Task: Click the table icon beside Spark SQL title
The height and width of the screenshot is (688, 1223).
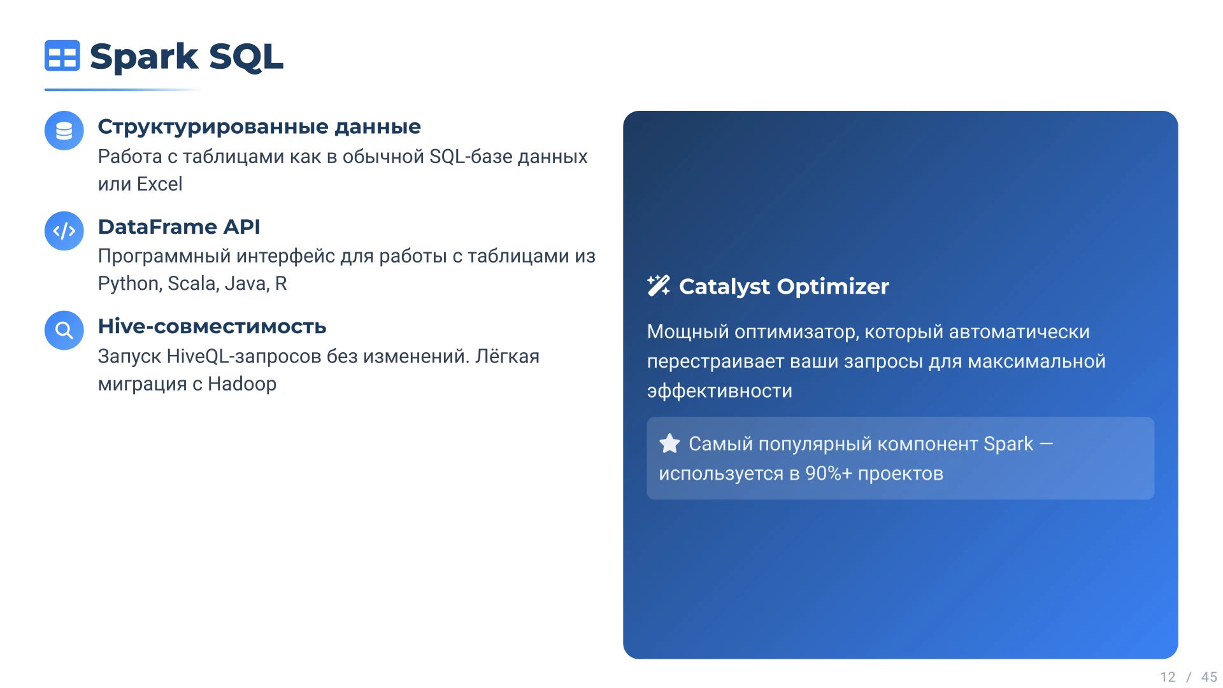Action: tap(62, 55)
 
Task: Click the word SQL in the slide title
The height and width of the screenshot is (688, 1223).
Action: tap(246, 57)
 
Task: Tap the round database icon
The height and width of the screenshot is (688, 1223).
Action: tap(64, 131)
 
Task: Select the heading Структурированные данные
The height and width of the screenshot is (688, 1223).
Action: tap(259, 127)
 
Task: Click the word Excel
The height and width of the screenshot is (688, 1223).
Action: tap(159, 184)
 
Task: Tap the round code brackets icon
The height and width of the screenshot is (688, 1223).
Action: tap(64, 231)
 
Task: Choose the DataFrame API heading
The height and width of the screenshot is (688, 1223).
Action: tap(179, 227)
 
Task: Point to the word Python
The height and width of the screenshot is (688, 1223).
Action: tap(129, 283)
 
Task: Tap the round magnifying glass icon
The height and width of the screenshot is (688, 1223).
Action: tap(64, 330)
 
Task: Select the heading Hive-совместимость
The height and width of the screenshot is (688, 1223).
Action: tap(212, 326)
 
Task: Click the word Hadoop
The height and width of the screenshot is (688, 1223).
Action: tap(242, 384)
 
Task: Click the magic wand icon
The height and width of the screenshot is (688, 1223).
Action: tap(659, 286)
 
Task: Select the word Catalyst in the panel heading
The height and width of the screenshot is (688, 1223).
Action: tap(724, 287)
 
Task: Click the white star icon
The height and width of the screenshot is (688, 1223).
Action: tap(669, 443)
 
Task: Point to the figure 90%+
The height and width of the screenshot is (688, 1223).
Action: tap(828, 473)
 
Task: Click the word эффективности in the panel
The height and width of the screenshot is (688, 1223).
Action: tap(720, 391)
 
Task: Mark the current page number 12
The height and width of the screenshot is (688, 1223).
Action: tap(1168, 677)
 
